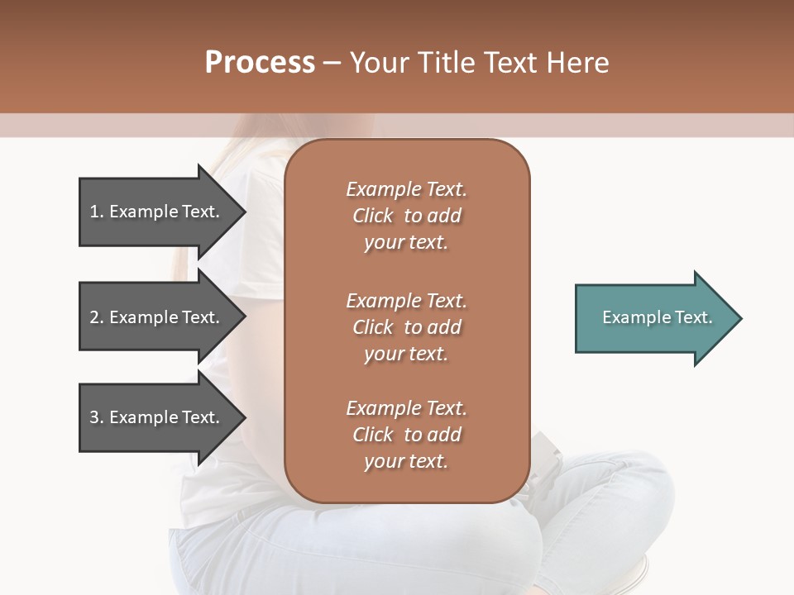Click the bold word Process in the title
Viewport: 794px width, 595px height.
coord(260,63)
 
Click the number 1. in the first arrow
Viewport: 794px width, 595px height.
coord(97,212)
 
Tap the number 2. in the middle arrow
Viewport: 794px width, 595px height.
coord(97,317)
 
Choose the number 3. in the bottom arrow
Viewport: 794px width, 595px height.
coord(97,417)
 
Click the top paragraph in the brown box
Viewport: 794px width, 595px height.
coord(406,216)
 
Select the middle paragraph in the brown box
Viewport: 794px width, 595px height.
coord(406,327)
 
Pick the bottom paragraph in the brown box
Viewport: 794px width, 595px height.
coord(406,435)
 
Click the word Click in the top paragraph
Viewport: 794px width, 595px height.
coord(373,216)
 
